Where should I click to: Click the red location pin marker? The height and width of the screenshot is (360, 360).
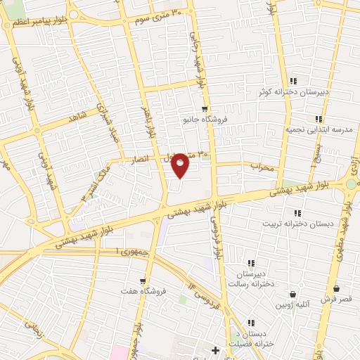181,165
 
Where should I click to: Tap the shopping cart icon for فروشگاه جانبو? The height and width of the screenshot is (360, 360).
205,109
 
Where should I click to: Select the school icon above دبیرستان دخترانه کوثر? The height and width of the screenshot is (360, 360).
293,81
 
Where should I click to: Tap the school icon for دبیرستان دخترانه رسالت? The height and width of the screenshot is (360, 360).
250,263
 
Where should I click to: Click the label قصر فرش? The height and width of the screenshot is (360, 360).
336,299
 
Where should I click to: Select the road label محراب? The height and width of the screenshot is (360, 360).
262,167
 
